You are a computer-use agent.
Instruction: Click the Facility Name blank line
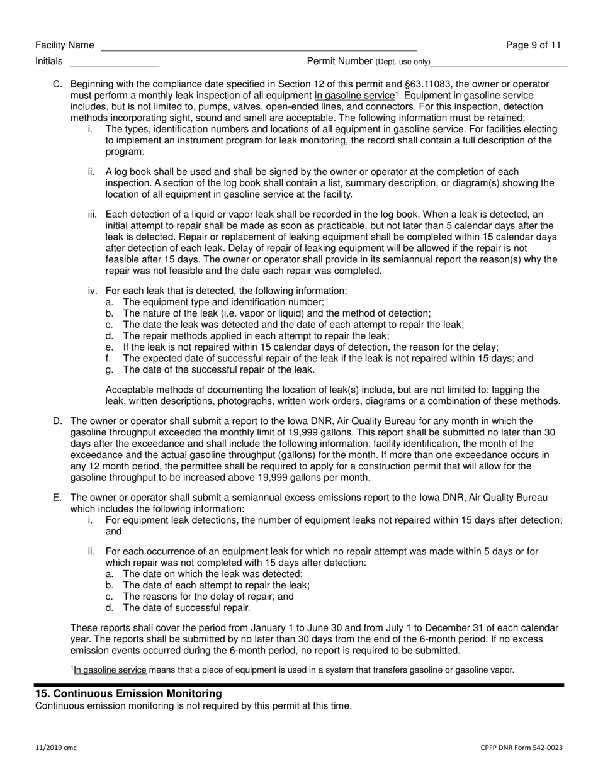(259, 47)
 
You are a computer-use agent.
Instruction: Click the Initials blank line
(114, 63)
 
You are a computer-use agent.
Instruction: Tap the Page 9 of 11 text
(533, 45)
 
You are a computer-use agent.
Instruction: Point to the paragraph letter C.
(57, 84)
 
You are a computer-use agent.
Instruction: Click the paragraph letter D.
(57, 421)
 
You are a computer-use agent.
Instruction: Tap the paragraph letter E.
(57, 498)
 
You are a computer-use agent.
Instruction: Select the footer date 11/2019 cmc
(56, 748)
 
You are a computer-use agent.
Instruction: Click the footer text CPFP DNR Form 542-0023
(521, 748)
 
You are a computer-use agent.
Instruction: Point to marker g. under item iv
(110, 370)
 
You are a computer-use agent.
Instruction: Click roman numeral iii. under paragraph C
(93, 215)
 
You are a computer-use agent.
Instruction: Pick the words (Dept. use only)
(403, 62)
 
